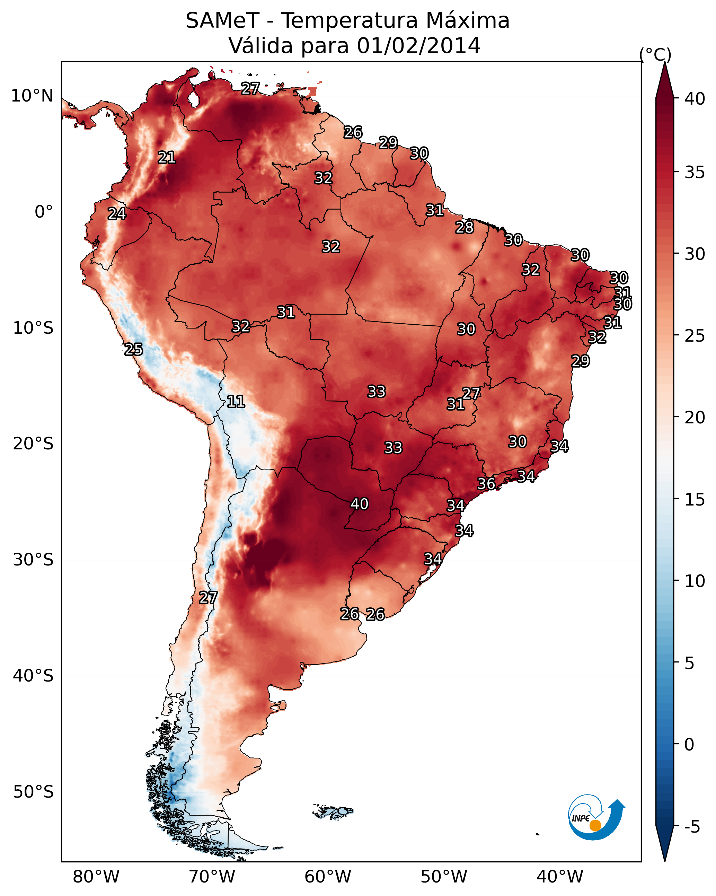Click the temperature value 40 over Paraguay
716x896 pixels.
(360, 504)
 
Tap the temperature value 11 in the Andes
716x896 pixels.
(236, 402)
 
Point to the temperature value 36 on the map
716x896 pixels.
(486, 483)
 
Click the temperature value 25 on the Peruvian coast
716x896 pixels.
(133, 349)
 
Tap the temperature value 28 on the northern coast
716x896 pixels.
(464, 227)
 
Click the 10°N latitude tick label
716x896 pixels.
(32, 96)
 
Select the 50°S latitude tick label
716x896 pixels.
(33, 792)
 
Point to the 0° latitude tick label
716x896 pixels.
(44, 212)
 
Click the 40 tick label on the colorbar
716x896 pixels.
(695, 99)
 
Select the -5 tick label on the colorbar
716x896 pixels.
(692, 827)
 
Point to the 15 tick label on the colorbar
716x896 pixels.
(695, 500)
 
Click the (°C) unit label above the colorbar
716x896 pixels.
(655, 54)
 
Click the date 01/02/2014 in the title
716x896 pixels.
(418, 45)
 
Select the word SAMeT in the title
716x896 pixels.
(223, 20)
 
